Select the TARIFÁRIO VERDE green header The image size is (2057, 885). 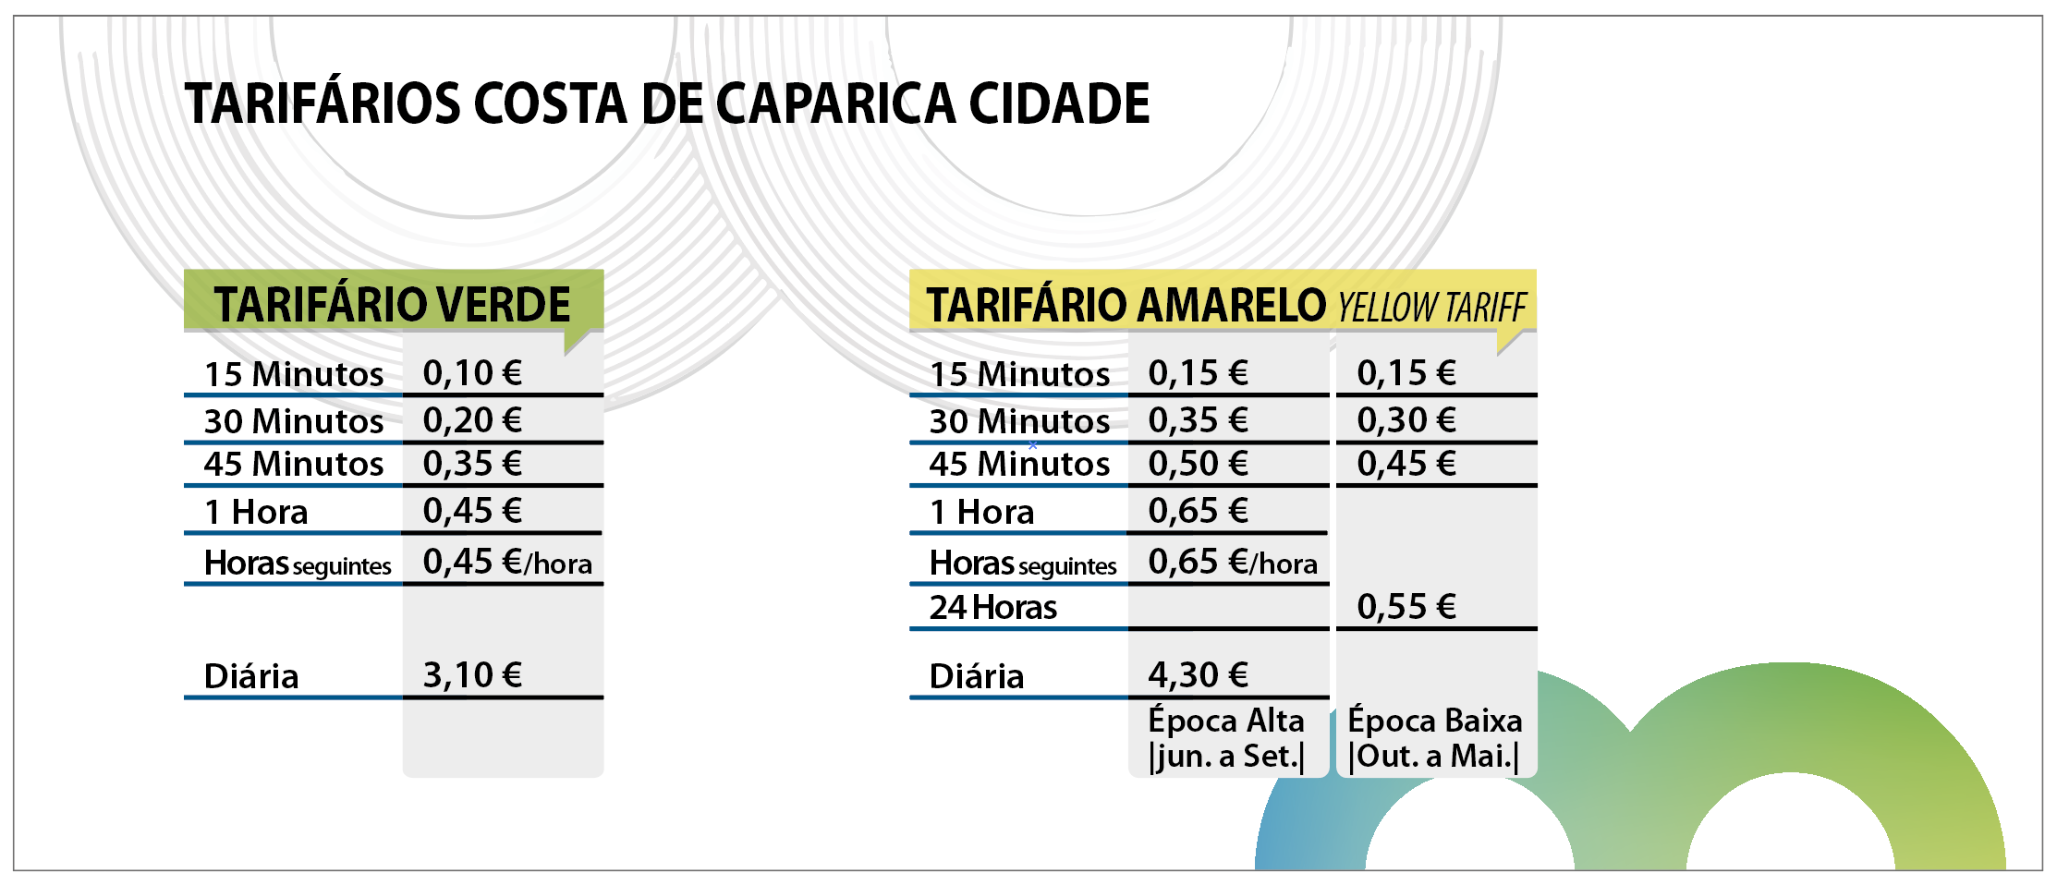pos(392,304)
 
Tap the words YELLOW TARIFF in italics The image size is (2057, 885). pos(1431,307)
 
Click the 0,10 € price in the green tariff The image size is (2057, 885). pos(472,373)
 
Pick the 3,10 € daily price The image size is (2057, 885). pos(472,675)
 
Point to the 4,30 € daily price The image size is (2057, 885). pos(1198,675)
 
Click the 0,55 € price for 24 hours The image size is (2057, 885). pos(1406,607)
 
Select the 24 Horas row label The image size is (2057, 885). pos(992,608)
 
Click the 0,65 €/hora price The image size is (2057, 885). pos(1232,562)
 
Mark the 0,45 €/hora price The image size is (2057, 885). pos(506,562)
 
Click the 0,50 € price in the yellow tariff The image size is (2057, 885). pos(1198,464)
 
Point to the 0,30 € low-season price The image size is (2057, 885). pos(1406,420)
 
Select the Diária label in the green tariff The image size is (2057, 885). pos(251,676)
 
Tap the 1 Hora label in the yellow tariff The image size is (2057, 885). pos(981,512)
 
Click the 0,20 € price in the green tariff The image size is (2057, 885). pos(472,420)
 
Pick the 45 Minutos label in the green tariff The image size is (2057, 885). pos(293,464)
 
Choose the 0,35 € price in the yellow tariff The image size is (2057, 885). pos(1198,420)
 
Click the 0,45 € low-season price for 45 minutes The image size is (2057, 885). pos(1406,464)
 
